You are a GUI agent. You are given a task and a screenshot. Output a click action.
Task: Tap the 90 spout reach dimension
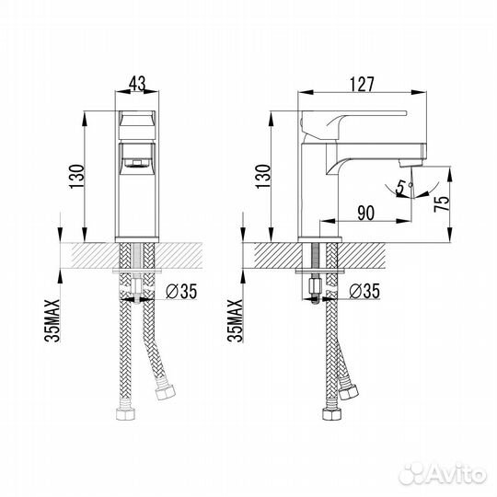tap(365, 214)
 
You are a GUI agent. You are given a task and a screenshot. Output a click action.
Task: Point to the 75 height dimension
tap(443, 202)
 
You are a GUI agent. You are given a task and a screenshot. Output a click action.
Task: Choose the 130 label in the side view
tap(263, 175)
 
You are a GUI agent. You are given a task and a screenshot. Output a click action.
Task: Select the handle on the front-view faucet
tap(138, 123)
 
